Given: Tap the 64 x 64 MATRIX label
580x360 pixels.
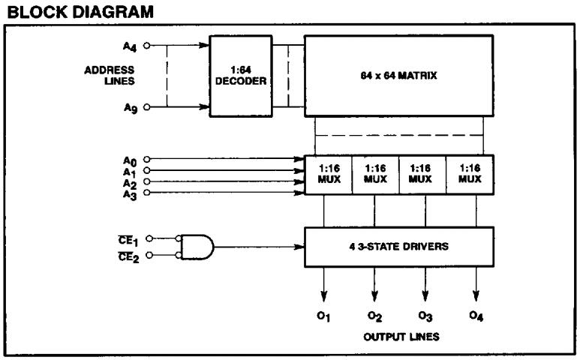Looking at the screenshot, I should (x=398, y=76).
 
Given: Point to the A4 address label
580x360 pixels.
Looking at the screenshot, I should (x=131, y=44).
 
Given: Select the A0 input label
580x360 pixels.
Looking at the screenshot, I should (x=130, y=159).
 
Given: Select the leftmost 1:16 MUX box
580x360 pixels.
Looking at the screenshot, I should (x=327, y=175).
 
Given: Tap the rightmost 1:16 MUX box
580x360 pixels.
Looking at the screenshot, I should (x=469, y=175).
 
